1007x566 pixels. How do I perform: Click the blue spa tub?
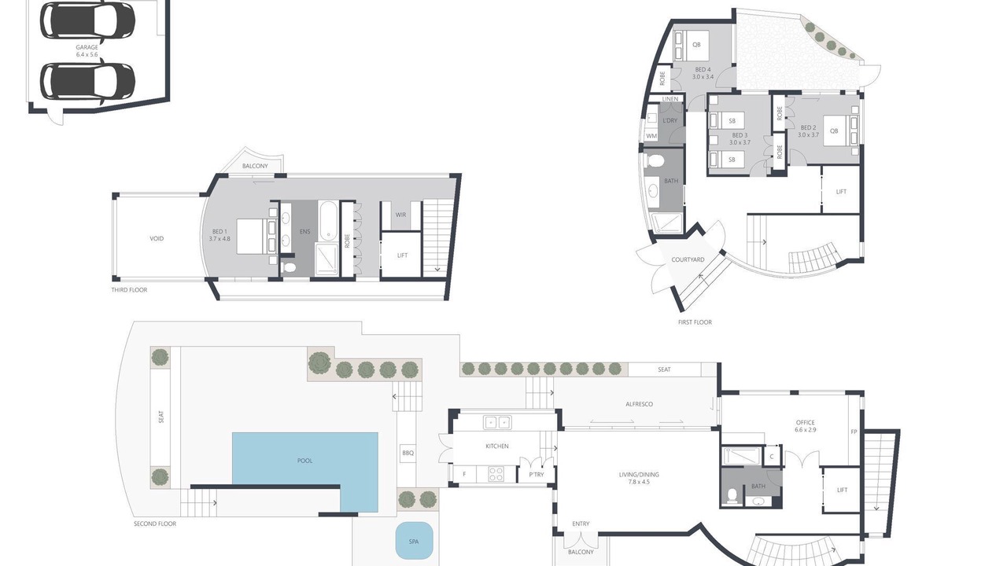pos(414,542)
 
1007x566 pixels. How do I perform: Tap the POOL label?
pos(304,461)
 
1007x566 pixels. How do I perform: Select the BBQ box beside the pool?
pos(408,453)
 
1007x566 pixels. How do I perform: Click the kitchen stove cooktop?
pos(496,474)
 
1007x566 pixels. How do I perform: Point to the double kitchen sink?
pos(497,423)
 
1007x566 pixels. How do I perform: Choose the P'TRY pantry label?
pos(537,474)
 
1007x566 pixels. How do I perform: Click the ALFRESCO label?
pos(640,404)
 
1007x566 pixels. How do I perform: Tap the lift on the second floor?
pos(842,490)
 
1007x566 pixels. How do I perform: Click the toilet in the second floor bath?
pos(732,496)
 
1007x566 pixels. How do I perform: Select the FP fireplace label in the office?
pos(854,432)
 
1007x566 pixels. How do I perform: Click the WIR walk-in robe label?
pos(400,215)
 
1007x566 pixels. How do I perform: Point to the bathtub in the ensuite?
pos(328,220)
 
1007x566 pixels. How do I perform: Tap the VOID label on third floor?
pos(157,238)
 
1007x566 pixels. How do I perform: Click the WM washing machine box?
pos(651,136)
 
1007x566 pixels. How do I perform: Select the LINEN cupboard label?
pos(670,99)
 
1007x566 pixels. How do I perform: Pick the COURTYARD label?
pos(688,259)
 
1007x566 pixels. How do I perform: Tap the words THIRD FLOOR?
pos(130,290)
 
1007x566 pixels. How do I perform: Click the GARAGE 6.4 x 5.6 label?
pos(87,51)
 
